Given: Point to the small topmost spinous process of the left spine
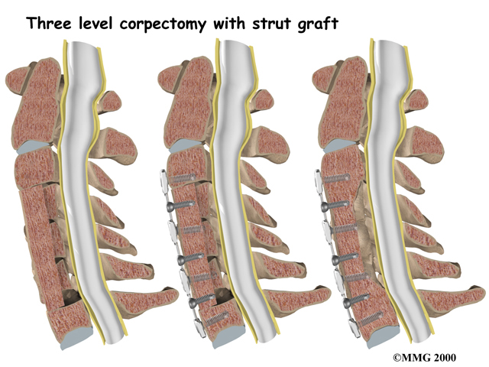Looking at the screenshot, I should click(110, 98).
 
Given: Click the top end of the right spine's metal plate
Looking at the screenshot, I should click(319, 178).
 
